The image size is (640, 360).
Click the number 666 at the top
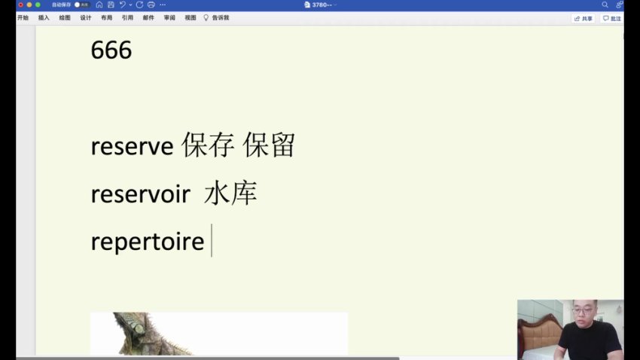tap(111, 50)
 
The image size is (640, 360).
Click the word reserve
tap(132, 146)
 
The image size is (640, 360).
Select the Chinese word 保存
tap(208, 146)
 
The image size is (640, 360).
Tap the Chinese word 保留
tap(268, 146)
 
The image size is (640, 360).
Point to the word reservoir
tap(140, 194)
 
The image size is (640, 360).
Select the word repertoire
tap(147, 242)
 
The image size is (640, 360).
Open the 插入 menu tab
tap(44, 17)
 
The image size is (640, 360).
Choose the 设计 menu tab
tap(86, 17)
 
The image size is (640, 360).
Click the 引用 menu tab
tap(127, 17)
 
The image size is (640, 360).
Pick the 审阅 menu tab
tap(169, 17)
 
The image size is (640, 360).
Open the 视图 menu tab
tap(190, 17)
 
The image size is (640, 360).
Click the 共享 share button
tap(583, 18)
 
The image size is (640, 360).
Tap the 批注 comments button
tap(612, 18)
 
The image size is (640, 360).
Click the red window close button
tap(20, 5)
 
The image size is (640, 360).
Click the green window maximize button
tap(38, 5)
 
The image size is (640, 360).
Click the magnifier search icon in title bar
tap(605, 5)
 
